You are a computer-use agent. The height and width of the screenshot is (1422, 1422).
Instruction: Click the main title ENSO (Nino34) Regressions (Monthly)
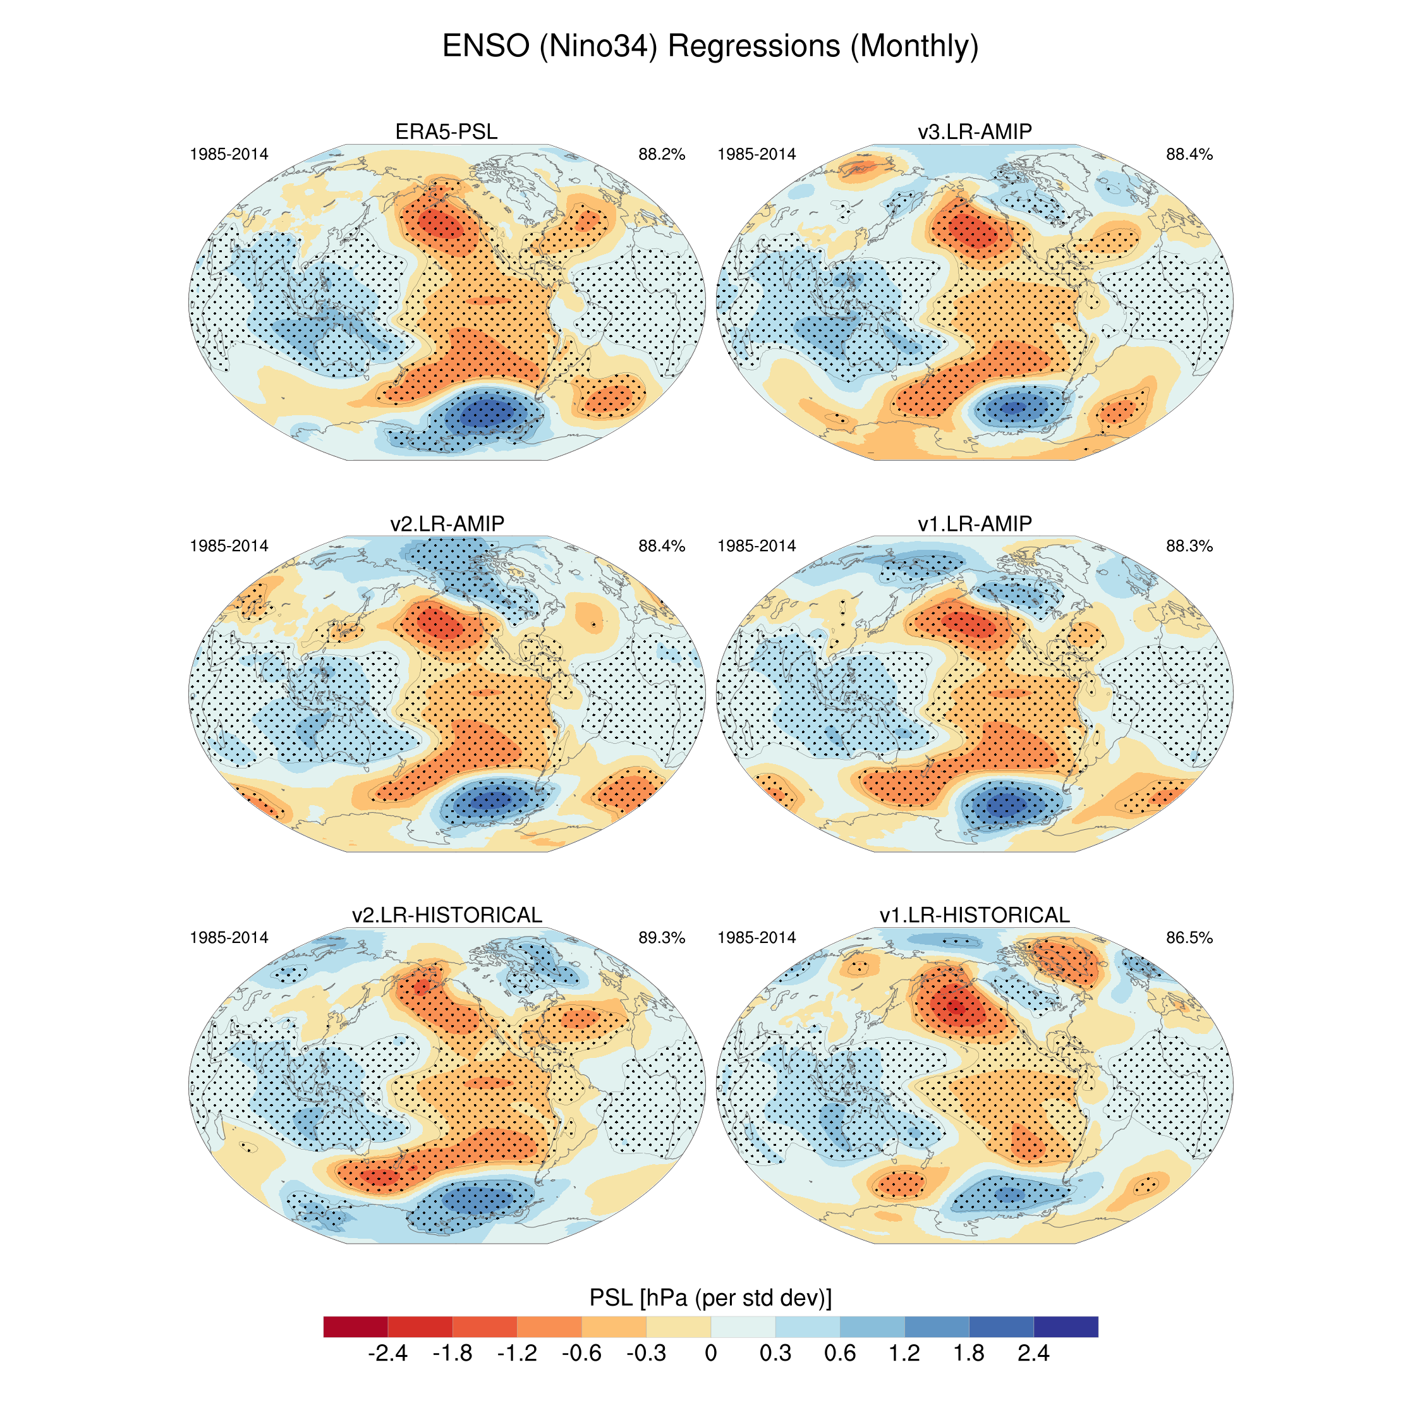pyautogui.click(x=710, y=46)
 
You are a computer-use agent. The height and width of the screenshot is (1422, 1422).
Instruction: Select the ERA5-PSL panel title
pyautogui.click(x=446, y=131)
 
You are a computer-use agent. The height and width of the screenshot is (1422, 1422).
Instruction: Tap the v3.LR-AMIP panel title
pyautogui.click(x=975, y=131)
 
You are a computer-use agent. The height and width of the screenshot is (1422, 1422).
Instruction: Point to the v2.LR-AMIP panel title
pyautogui.click(x=447, y=523)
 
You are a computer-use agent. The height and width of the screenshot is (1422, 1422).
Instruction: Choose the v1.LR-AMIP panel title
pyautogui.click(x=975, y=523)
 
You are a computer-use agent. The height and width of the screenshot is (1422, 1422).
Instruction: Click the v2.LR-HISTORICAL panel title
pyautogui.click(x=447, y=915)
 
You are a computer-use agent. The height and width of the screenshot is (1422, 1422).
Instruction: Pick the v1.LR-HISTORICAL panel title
pyautogui.click(x=975, y=915)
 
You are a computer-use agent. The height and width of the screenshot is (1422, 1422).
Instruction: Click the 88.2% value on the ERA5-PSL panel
pyautogui.click(x=662, y=155)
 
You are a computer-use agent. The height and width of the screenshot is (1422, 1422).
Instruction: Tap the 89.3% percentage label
pyautogui.click(x=662, y=938)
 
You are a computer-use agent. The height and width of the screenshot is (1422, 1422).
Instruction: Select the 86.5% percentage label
pyautogui.click(x=1189, y=938)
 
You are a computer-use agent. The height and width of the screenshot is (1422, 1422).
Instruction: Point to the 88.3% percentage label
pyautogui.click(x=1189, y=546)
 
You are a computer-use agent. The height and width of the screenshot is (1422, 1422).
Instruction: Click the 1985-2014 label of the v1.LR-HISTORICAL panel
pyautogui.click(x=757, y=938)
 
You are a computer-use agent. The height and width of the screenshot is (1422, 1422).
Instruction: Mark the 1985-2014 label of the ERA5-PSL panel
pyautogui.click(x=229, y=155)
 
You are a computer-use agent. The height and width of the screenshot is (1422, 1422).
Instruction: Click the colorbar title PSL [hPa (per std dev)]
pyautogui.click(x=710, y=1297)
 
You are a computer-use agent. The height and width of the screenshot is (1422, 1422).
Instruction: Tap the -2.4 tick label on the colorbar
pyautogui.click(x=388, y=1354)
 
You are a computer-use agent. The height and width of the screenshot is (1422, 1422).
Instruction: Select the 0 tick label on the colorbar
pyautogui.click(x=710, y=1354)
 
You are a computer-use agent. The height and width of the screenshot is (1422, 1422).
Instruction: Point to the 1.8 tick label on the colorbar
pyautogui.click(x=969, y=1354)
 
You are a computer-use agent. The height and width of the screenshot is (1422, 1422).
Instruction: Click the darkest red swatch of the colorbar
pyautogui.click(x=355, y=1327)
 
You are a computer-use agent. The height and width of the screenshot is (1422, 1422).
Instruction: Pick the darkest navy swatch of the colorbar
pyautogui.click(x=1066, y=1327)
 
